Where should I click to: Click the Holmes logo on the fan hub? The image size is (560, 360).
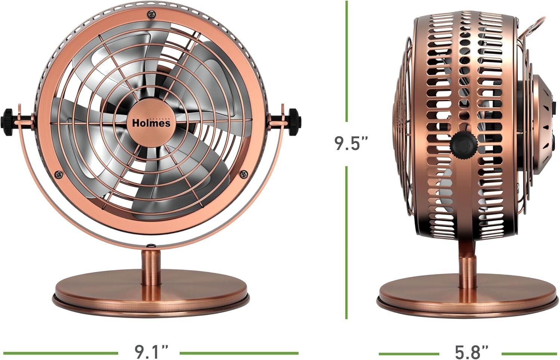coord(151,122)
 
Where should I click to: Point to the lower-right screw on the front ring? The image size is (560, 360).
coord(244,173)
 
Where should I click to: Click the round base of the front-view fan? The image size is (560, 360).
coord(151,291)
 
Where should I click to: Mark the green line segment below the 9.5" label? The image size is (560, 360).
coord(347,242)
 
